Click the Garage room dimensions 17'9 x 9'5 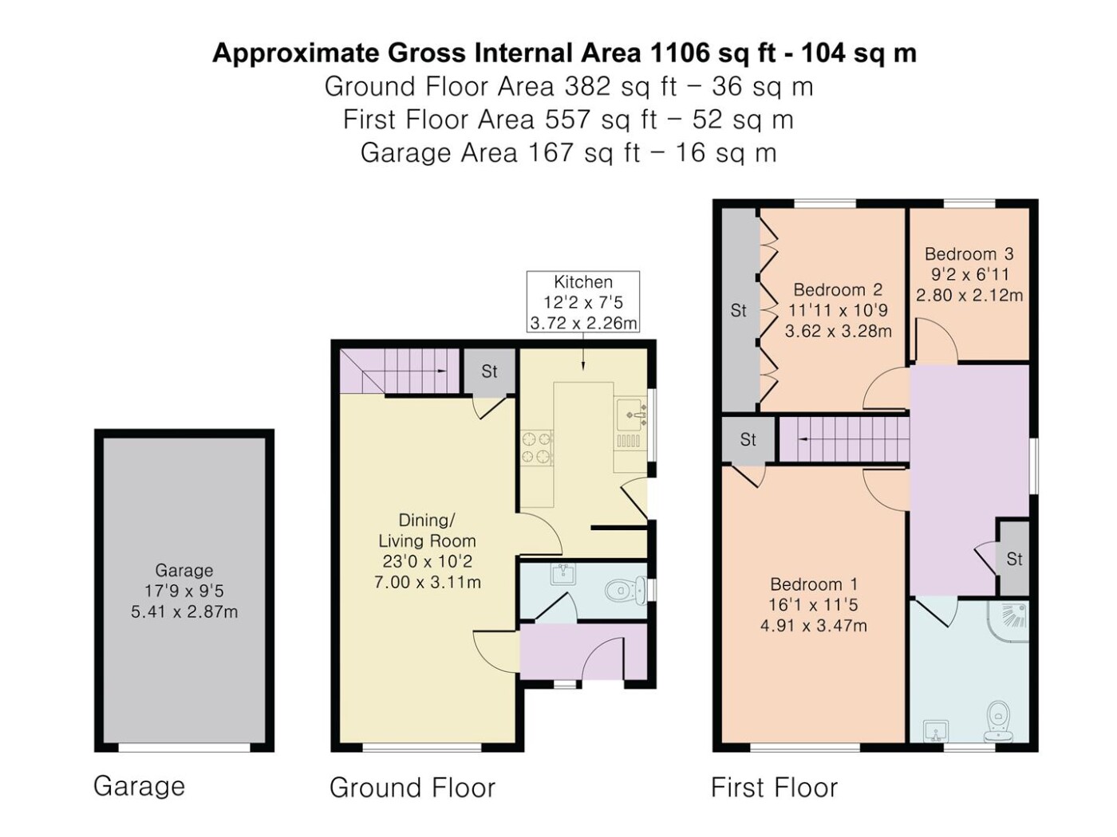coord(184,591)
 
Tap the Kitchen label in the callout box coord(582,281)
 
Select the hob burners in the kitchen coord(537,448)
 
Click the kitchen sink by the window coord(630,415)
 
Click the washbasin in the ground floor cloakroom coord(562,575)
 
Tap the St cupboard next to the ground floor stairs coord(489,371)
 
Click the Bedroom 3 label coord(969,253)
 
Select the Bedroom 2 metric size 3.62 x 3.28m coord(838,332)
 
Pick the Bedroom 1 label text coord(814,584)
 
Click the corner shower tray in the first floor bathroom coord(1008,622)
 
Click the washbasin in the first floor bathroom coord(935,731)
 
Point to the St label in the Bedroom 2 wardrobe coord(738,310)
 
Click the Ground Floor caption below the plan coord(412,788)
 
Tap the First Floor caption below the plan coord(774,788)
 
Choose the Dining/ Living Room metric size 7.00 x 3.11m coord(428,582)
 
